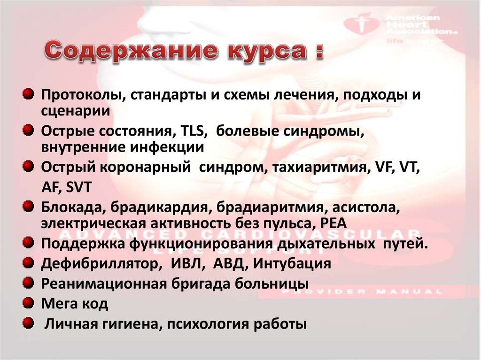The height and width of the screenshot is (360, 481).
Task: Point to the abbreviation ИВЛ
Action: [x=185, y=264]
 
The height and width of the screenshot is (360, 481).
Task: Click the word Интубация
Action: [x=291, y=264]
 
